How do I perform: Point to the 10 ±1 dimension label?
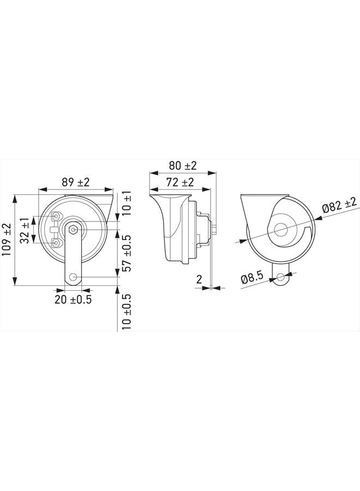(x=127, y=203)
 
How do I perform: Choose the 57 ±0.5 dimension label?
(x=127, y=254)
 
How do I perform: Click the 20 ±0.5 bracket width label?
(x=73, y=300)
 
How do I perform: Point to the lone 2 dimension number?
(x=199, y=278)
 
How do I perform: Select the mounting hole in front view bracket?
(x=73, y=278)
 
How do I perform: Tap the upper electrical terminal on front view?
(x=55, y=218)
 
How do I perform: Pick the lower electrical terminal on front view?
(x=55, y=242)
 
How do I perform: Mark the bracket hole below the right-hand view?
(x=282, y=278)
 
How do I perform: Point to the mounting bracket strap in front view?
(x=73, y=256)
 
